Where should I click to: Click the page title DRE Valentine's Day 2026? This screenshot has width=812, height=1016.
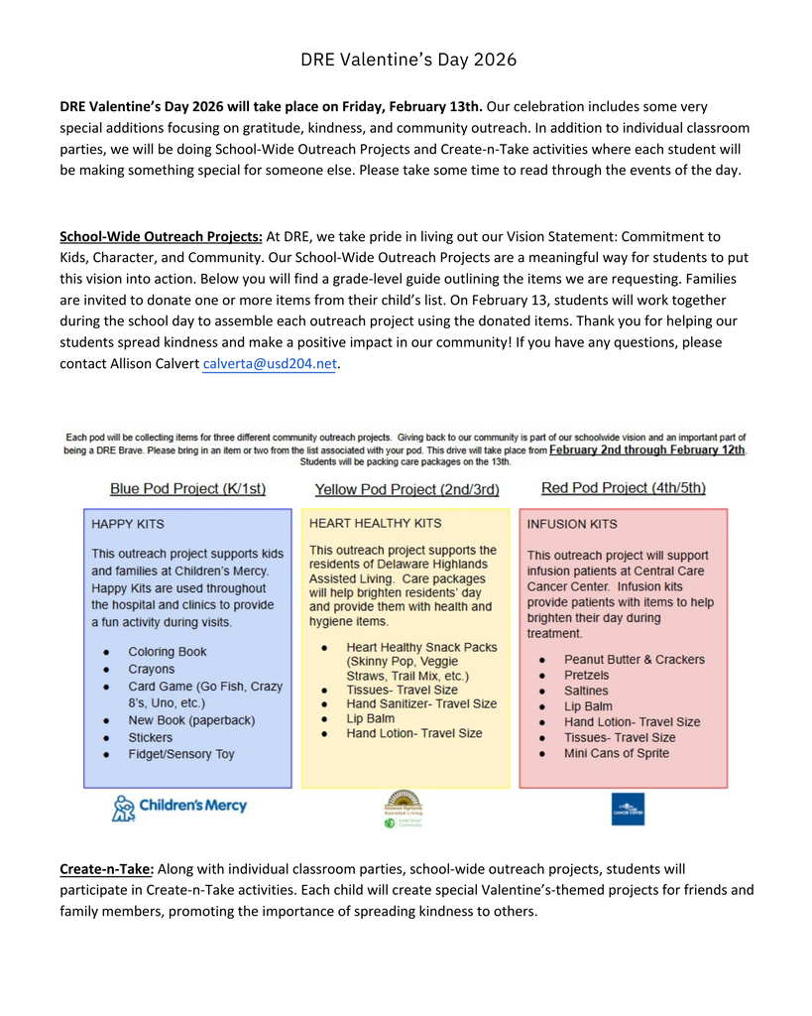pyautogui.click(x=408, y=60)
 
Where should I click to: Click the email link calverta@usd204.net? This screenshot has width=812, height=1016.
pyautogui.click(x=270, y=364)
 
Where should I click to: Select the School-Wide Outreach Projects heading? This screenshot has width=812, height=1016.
pyautogui.click(x=161, y=236)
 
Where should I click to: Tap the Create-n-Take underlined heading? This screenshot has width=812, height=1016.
pyautogui.click(x=106, y=868)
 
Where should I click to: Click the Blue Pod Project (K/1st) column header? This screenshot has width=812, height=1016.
pyautogui.click(x=187, y=488)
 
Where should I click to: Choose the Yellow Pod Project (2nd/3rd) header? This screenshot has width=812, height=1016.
pyautogui.click(x=406, y=489)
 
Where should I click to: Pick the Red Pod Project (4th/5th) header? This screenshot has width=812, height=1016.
pyautogui.click(x=624, y=487)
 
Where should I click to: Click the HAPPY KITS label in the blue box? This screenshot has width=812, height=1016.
pyautogui.click(x=128, y=523)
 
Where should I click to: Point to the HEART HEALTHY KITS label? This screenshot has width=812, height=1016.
pyautogui.click(x=376, y=522)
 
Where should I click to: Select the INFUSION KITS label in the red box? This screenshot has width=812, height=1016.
pyautogui.click(x=572, y=524)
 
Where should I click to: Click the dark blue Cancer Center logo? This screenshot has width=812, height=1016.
pyautogui.click(x=628, y=809)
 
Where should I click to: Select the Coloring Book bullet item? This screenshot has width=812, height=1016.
pyautogui.click(x=168, y=652)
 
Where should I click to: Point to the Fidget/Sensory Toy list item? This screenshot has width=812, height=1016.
pyautogui.click(x=181, y=754)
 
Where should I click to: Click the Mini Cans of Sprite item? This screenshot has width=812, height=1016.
pyautogui.click(x=616, y=753)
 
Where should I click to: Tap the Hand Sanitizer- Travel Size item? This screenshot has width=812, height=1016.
pyautogui.click(x=421, y=703)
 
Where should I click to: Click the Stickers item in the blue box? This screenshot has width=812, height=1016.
pyautogui.click(x=150, y=737)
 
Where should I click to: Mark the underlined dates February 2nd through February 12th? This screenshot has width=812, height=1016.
pyautogui.click(x=647, y=449)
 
